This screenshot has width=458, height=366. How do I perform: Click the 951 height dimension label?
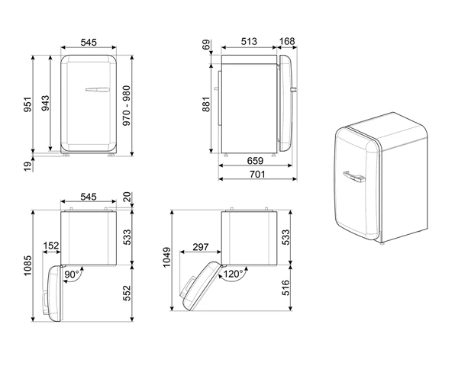(27, 104)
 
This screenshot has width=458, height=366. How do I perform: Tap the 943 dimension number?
(45, 103)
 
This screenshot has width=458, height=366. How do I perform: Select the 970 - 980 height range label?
(127, 106)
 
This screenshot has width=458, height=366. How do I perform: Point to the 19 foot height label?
(27, 167)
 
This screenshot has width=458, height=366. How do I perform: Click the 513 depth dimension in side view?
(249, 42)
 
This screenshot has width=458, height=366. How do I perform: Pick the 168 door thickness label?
(287, 41)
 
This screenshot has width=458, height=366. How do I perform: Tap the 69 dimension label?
(206, 45)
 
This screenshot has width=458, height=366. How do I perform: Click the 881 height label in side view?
(206, 104)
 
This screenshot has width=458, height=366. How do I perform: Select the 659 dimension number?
(255, 161)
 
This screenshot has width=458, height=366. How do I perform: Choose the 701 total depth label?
(257, 175)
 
